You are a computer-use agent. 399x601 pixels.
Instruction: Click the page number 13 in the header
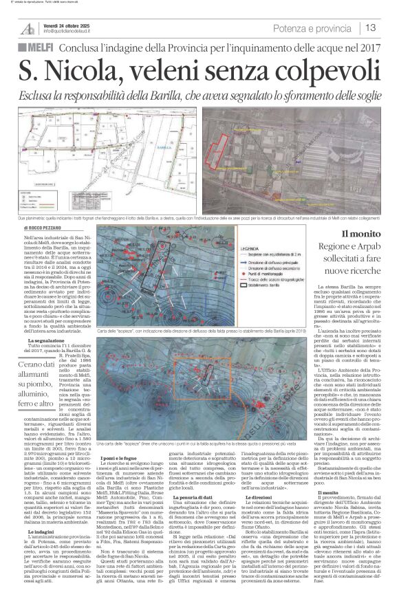(x=370, y=28)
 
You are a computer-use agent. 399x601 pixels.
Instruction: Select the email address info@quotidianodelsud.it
(x=74, y=32)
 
